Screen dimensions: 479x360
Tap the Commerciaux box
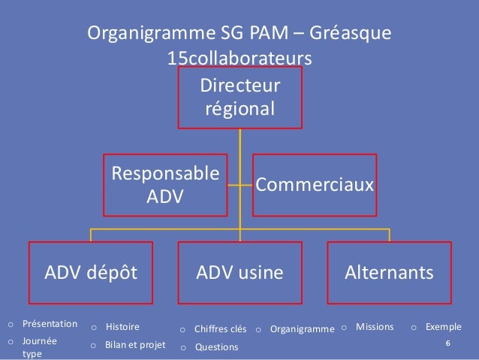pyautogui.click(x=314, y=185)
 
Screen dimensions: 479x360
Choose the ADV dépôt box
pyautogui.click(x=91, y=272)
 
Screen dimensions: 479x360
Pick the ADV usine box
pyautogui.click(x=239, y=272)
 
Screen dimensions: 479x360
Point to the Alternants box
pyautogui.click(x=388, y=272)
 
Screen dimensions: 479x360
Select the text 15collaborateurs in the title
pyautogui.click(x=239, y=58)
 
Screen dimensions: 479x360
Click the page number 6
pyautogui.click(x=447, y=343)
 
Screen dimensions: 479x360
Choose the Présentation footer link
pyautogui.click(x=50, y=324)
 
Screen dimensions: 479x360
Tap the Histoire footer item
pyautogui.click(x=122, y=327)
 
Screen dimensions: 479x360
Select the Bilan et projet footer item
pyautogui.click(x=135, y=346)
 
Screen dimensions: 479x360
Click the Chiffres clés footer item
pyautogui.click(x=220, y=328)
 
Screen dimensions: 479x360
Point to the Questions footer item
pyautogui.click(x=216, y=347)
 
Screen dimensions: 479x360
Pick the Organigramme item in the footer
pyautogui.click(x=302, y=328)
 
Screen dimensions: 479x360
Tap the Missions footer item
pyautogui.click(x=375, y=327)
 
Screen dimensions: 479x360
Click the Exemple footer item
pyautogui.click(x=443, y=327)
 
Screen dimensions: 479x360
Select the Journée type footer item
pyautogui.click(x=40, y=346)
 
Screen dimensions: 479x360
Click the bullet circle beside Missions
pyautogui.click(x=344, y=328)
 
